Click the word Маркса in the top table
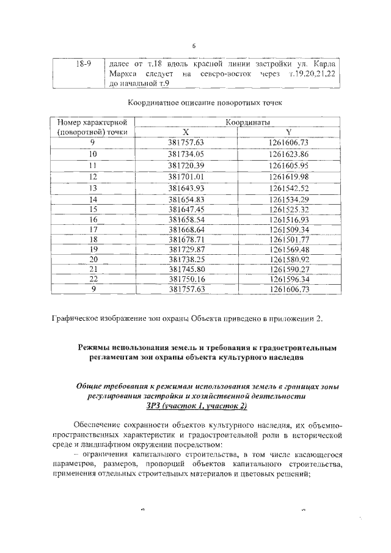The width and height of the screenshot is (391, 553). [x=120, y=74]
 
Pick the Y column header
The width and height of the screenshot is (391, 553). [x=288, y=132]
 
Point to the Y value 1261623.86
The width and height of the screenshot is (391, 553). [x=288, y=154]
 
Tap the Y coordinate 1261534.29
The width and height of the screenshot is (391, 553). [x=288, y=199]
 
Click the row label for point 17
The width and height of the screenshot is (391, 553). [x=93, y=229]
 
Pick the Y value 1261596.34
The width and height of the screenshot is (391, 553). [x=288, y=279]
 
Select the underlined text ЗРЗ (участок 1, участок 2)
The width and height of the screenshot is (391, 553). [x=196, y=405]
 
